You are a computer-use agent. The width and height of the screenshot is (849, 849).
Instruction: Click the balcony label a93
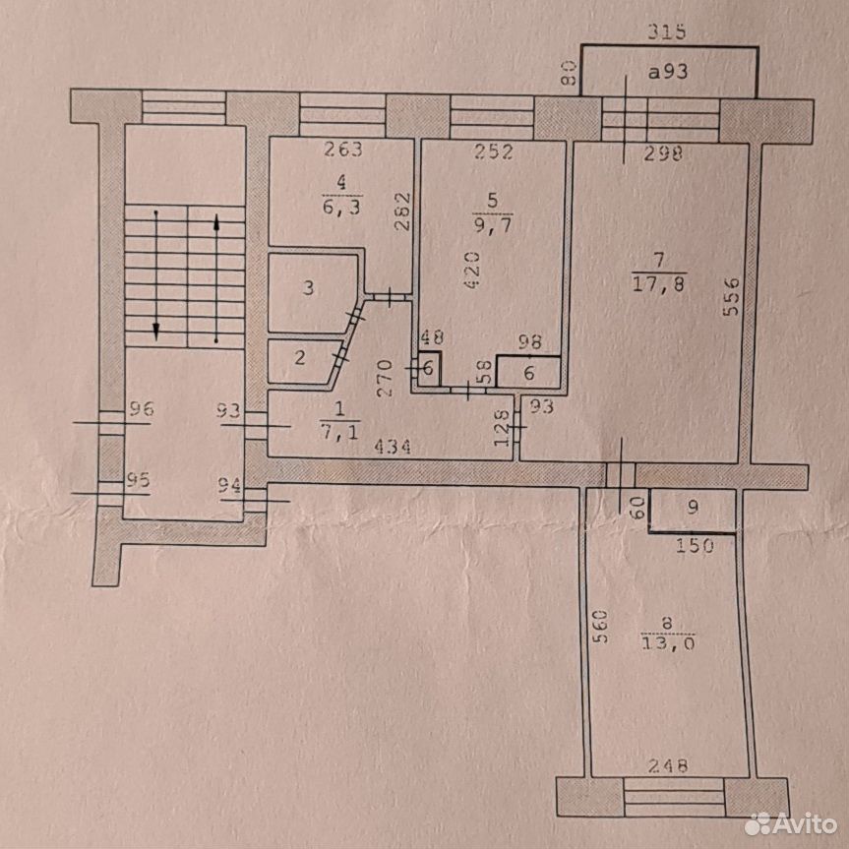668,72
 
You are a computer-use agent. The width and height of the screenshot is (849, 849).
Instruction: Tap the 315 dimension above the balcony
667,31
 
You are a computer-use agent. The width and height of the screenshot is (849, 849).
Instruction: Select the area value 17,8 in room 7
658,283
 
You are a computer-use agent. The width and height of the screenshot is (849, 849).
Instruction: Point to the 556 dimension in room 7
731,296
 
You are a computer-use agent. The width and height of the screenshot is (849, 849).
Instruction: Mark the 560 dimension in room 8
600,627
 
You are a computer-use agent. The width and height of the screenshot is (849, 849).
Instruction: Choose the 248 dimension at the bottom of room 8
668,765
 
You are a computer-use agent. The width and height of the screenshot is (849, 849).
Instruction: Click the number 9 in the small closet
693,508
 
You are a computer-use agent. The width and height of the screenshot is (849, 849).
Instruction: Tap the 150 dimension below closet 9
695,545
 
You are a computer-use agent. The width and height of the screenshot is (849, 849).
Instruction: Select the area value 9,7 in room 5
492,222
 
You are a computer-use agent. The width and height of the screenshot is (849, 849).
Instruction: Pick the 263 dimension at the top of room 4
343,149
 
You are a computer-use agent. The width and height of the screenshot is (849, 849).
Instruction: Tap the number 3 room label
308,287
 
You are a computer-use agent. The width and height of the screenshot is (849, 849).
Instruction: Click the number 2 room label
300,358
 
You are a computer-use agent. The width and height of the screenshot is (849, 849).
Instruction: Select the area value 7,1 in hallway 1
339,432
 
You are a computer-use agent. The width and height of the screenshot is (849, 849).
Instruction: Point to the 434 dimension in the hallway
393,448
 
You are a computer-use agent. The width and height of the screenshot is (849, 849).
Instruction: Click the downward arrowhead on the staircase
156,330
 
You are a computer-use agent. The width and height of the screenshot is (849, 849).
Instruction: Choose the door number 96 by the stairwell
141,409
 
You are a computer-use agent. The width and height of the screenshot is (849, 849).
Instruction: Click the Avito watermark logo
791,823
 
